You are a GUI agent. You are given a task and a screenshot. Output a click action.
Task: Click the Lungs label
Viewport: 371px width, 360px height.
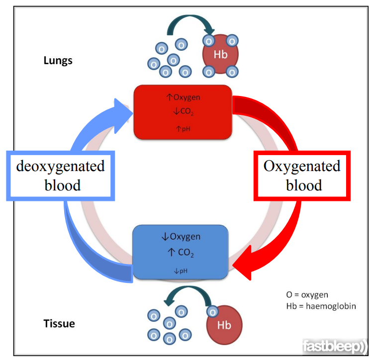[x=58, y=61]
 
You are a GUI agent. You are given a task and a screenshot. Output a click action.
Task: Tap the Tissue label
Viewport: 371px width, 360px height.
[x=59, y=324]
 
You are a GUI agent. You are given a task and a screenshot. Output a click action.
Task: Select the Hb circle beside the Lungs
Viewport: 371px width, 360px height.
[x=220, y=55]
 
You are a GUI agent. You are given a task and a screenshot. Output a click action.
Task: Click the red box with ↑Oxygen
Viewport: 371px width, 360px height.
[x=183, y=111]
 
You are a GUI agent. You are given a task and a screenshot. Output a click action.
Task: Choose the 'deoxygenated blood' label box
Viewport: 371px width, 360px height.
[x=60, y=175]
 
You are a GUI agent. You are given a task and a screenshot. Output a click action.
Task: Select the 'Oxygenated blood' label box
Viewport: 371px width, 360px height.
[x=302, y=175]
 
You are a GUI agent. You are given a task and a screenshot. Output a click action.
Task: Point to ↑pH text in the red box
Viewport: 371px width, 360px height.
[x=183, y=128]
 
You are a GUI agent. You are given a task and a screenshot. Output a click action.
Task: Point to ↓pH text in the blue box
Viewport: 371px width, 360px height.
[x=180, y=271]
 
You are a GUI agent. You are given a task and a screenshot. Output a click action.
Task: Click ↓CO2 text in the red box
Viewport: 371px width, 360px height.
[x=183, y=112]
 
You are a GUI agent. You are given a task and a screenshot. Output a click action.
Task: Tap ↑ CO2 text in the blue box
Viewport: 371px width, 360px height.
[x=180, y=254]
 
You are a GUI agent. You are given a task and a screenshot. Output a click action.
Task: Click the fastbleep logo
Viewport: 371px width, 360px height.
[x=334, y=346]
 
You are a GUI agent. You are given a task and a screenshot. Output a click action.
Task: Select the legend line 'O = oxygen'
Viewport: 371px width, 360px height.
[x=307, y=295]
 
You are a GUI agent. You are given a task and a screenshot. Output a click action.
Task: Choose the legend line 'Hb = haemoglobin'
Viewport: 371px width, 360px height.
[x=321, y=306]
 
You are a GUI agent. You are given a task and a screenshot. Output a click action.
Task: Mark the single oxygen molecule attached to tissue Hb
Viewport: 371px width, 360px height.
[x=212, y=312]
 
